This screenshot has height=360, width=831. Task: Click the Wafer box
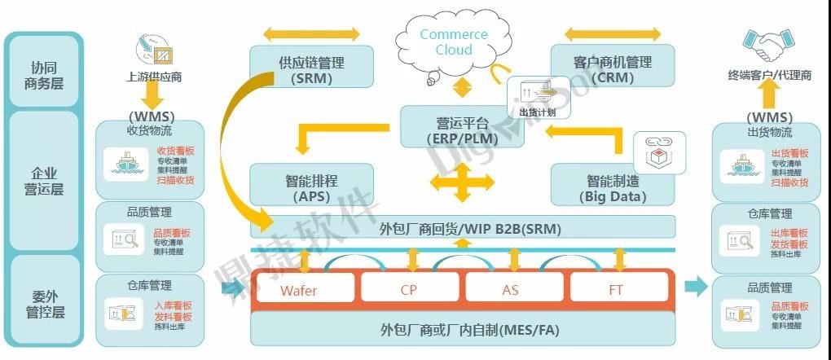tap(305, 289)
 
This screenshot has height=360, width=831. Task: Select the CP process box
tap(410, 289)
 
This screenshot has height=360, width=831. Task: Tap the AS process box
tap(514, 289)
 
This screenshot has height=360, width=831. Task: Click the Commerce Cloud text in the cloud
tap(454, 42)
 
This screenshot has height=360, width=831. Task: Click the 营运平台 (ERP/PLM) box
tap(462, 130)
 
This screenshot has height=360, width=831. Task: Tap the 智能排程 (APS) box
tap(311, 187)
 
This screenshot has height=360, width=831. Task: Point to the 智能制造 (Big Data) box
tap(613, 187)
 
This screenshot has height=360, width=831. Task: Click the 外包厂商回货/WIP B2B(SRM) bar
tap(462, 227)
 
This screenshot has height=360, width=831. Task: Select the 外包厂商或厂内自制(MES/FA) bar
tap(462, 329)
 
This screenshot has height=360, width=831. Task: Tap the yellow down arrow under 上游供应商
tap(153, 93)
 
